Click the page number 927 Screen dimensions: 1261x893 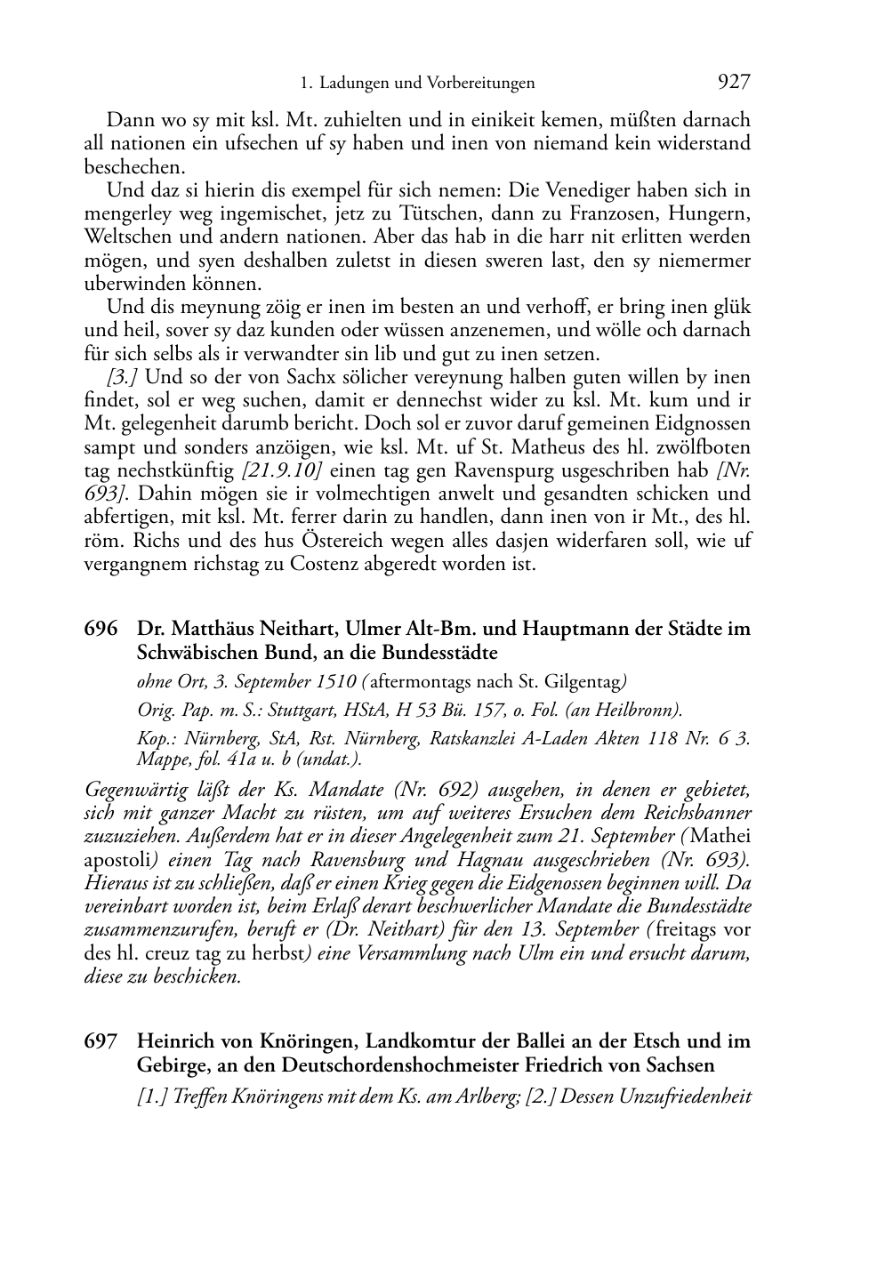[733, 83]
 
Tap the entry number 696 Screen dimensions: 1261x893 [101, 629]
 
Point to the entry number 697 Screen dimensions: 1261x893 [101, 1041]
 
